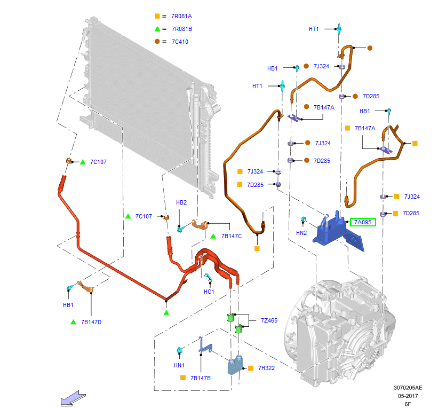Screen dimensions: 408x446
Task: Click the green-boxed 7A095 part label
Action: point(363,222)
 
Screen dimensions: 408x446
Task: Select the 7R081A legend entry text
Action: point(181,17)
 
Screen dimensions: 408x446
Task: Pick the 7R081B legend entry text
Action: point(181,29)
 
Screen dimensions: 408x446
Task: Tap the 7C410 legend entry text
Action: point(180,42)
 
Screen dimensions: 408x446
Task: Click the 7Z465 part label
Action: point(269,320)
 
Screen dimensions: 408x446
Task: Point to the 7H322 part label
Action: point(266,368)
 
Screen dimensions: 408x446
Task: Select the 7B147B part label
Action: point(201,378)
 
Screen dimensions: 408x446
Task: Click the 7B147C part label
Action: point(232,236)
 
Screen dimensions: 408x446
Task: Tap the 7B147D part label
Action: point(91,322)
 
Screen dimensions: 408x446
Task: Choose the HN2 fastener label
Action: point(302,233)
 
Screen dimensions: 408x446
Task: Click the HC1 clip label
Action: point(209,292)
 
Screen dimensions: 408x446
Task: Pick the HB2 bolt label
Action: point(181,203)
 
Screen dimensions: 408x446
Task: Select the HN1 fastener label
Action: point(179,365)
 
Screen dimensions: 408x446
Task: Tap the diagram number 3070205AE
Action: point(408,388)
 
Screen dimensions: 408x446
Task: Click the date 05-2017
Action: point(408,396)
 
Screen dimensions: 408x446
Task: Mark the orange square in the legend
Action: point(157,17)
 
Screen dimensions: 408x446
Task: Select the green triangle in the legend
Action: point(157,29)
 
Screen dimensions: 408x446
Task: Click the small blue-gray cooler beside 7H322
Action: point(235,366)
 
